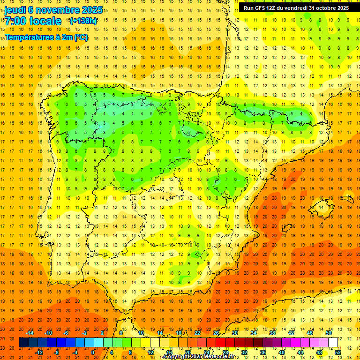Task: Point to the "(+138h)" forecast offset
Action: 83,21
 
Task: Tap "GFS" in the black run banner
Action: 260,8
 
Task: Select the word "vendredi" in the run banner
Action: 294,8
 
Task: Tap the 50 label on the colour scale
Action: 329,333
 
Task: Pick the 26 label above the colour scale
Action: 216,333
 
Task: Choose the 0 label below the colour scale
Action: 93,352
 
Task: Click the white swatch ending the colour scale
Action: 333,343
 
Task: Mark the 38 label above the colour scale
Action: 272,333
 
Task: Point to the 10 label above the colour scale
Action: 141,333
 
